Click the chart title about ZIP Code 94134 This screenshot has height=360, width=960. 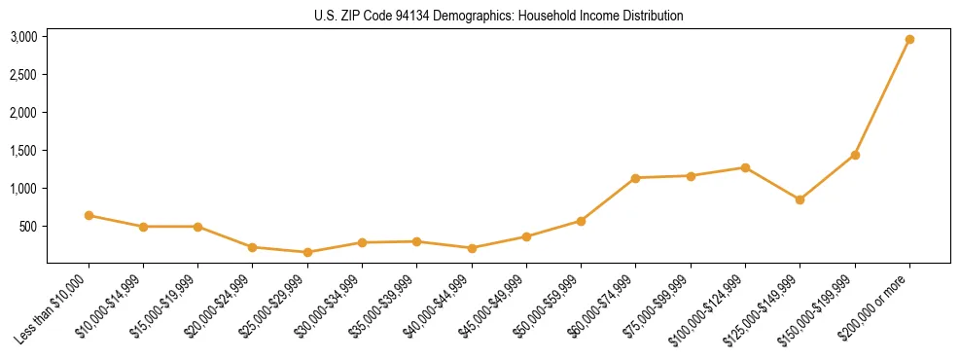point(499,16)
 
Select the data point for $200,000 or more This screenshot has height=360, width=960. point(909,39)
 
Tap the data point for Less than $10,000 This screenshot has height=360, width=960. point(89,215)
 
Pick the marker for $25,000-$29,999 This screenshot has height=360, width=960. point(307,252)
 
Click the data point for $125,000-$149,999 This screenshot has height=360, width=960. point(800,199)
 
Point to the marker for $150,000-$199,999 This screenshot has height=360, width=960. point(855,155)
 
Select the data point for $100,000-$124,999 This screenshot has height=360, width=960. point(745,167)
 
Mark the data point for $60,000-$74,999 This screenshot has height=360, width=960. point(635,178)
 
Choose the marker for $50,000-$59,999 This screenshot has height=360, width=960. point(581,221)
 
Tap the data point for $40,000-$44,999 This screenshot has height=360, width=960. point(472,248)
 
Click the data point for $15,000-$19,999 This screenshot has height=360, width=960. point(197,227)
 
